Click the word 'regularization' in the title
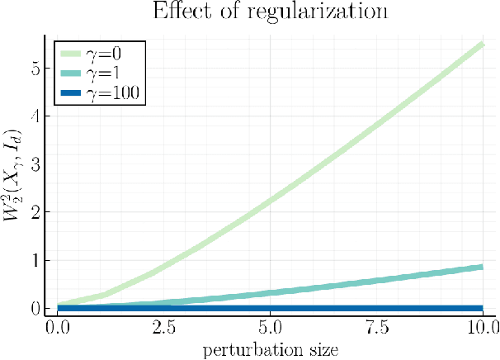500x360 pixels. [x=325, y=12]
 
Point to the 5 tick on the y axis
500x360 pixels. [x=35, y=69]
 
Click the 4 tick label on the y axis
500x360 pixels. [x=35, y=116]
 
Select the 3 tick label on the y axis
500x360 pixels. [x=35, y=164]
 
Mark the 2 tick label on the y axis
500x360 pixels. [x=35, y=212]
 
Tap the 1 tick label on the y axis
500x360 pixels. [x=35, y=260]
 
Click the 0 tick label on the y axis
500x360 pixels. [x=35, y=308]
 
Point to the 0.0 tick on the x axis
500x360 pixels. [x=58, y=328]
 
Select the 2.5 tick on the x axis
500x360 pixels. [x=164, y=328]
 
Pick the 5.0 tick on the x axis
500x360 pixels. [x=271, y=328]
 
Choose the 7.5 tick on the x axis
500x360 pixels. [x=377, y=328]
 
